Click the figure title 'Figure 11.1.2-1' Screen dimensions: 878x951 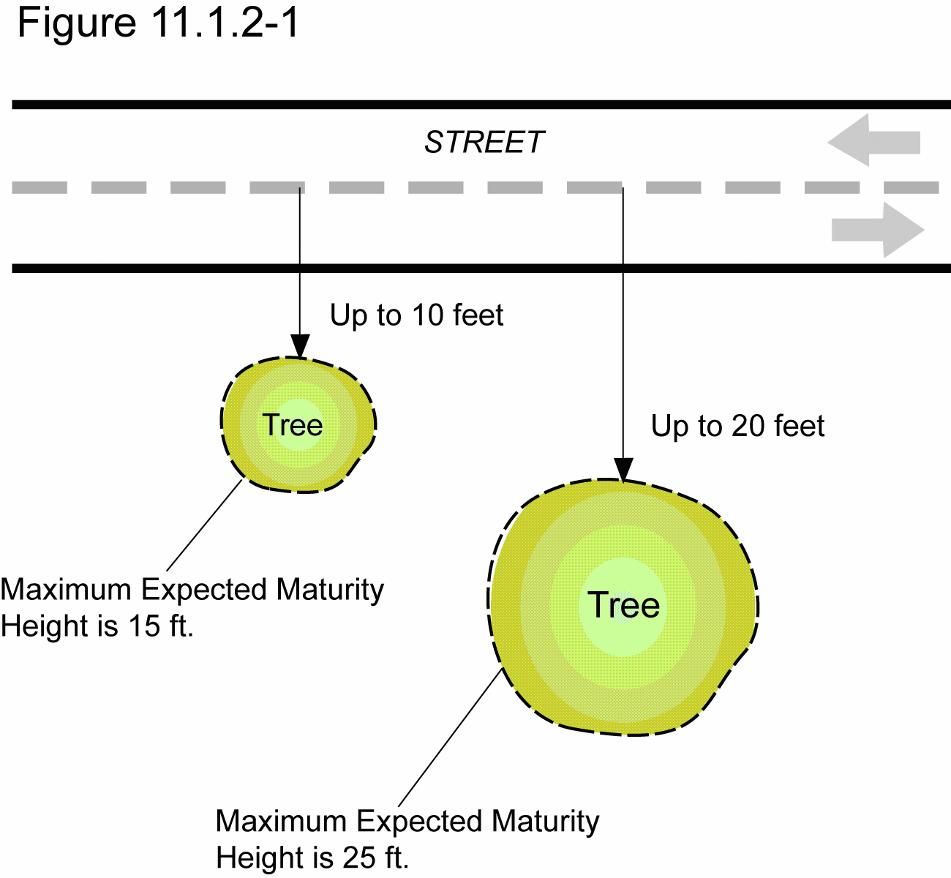coord(158,23)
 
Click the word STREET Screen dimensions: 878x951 coord(484,143)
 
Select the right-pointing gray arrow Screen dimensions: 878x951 coord(878,230)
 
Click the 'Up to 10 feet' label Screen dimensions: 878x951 coord(416,315)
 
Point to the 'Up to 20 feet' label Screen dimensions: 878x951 coord(737,426)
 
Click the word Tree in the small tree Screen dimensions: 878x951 coord(293,424)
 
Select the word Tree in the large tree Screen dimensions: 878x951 coord(623,605)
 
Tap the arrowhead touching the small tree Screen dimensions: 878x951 coord(300,346)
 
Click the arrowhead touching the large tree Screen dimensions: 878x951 coord(623,470)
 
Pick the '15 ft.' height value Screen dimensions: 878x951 coord(161,626)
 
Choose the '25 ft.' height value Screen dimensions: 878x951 coord(376,858)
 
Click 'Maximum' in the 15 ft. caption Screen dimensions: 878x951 coord(66,590)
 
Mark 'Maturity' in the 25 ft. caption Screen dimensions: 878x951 coord(546,821)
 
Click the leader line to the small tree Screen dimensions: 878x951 coord(205,525)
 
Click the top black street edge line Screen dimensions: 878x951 coord(475,105)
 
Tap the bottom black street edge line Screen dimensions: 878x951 coord(475,269)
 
